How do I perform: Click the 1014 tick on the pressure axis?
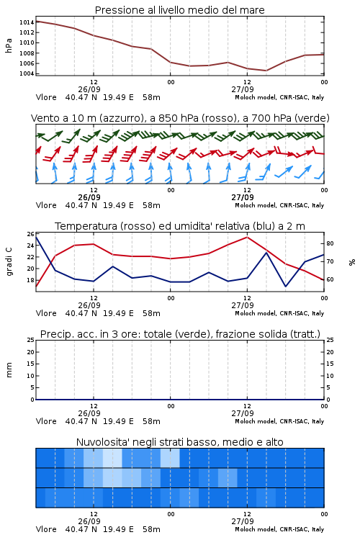pyautogui.click(x=27, y=22)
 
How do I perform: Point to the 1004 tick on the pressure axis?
pyautogui.click(x=27, y=73)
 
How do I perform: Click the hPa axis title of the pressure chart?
pyautogui.click(x=9, y=45)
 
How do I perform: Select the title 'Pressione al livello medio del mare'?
pyautogui.click(x=180, y=10)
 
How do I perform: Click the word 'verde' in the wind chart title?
pyautogui.click(x=312, y=118)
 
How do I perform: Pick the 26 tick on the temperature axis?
pyautogui.click(x=31, y=234)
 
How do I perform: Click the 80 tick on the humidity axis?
pyautogui.click(x=330, y=243)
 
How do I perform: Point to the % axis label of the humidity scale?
pyautogui.click(x=352, y=262)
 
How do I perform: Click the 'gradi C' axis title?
pyautogui.click(x=9, y=262)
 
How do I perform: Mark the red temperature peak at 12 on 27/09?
pyautogui.click(x=248, y=237)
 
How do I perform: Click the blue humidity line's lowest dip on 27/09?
pyautogui.click(x=285, y=286)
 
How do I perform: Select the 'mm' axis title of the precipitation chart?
pyautogui.click(x=9, y=370)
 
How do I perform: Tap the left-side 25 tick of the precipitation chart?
pyautogui.click(x=31, y=340)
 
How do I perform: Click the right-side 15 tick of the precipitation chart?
pyautogui.click(x=330, y=364)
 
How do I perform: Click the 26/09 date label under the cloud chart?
pyautogui.click(x=89, y=521)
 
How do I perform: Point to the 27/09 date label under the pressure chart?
pyautogui.click(x=243, y=89)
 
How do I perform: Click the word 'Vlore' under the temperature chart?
pyautogui.click(x=46, y=313)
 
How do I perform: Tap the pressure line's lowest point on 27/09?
pyautogui.click(x=266, y=71)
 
